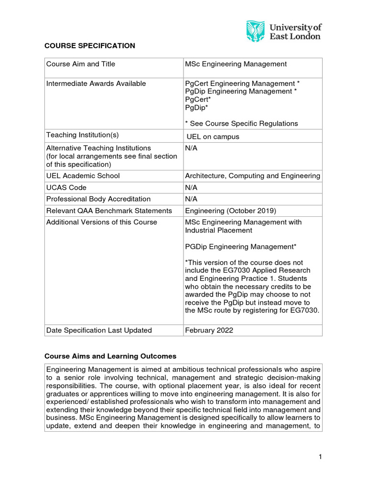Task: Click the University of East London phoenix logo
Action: pos(255,31)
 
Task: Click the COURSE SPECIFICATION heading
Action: pos(90,46)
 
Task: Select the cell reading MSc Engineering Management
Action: pos(236,64)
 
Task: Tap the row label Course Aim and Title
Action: pos(81,64)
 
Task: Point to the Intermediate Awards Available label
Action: pos(96,84)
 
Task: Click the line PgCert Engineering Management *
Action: pos(242,84)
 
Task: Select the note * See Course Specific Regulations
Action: pos(241,124)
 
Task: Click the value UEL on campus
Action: pos(213,137)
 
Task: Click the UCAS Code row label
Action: pos(66,188)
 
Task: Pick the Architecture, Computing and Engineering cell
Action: pos(252,176)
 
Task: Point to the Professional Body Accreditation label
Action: pos(98,199)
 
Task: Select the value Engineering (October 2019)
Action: pos(230,211)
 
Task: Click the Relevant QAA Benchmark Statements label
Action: pos(109,211)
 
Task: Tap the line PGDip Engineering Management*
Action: pos(240,246)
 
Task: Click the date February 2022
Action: pos(209,330)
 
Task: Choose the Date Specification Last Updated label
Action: pos(99,330)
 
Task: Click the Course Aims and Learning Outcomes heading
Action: pos(110,356)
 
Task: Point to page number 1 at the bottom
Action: pos(321,457)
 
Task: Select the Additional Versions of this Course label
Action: pos(101,222)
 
